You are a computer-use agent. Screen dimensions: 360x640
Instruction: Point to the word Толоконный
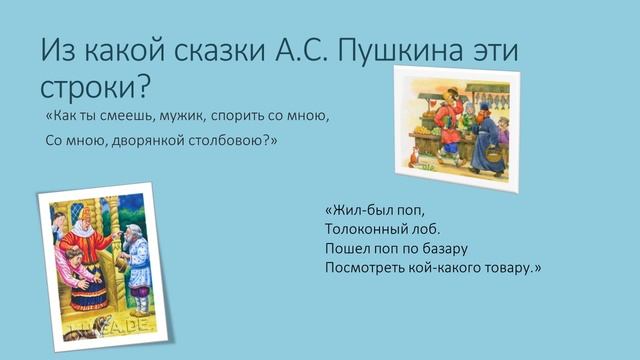pos(366,229)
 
